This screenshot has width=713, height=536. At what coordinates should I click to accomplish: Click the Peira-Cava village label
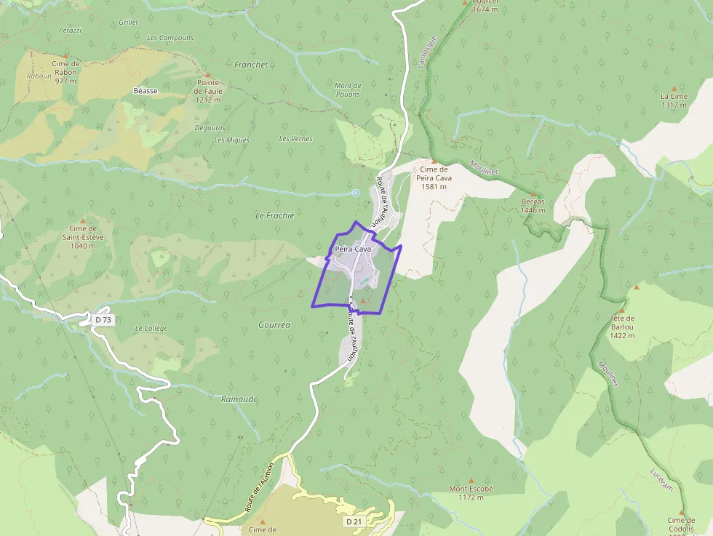[353, 249]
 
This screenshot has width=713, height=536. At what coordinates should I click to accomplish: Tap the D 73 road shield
[104, 319]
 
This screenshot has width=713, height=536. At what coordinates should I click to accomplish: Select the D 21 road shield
[354, 521]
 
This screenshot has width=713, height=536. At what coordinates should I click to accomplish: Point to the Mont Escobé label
[471, 493]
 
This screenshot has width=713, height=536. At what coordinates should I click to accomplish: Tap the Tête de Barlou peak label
[622, 327]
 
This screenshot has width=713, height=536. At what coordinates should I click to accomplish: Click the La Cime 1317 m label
[674, 100]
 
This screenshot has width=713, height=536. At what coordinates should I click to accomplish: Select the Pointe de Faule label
[208, 91]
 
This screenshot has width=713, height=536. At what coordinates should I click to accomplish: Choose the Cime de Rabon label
[65, 72]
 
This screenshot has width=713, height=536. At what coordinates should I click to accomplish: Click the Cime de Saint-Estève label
[83, 237]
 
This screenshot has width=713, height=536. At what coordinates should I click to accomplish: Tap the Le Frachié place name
[275, 215]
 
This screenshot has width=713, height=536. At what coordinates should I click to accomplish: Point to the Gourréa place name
[274, 325]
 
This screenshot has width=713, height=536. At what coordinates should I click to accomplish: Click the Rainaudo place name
[239, 399]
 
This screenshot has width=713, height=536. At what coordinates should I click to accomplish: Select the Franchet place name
[251, 65]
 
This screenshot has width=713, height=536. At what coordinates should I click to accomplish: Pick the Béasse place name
[146, 91]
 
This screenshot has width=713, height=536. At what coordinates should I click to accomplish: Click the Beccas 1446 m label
[533, 206]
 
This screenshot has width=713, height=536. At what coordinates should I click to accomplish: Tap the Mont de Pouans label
[348, 90]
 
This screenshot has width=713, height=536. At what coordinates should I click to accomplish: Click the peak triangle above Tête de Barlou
[636, 287]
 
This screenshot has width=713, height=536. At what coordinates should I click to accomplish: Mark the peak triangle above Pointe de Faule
[208, 74]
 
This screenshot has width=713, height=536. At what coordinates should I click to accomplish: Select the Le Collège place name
[151, 328]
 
